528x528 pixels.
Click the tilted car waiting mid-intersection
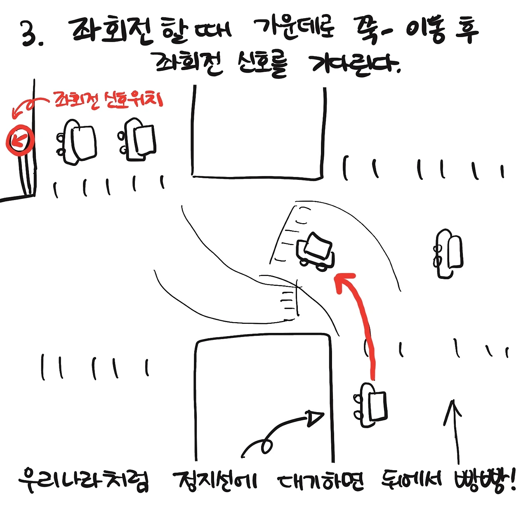[x=315, y=252]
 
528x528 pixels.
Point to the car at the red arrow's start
[x=370, y=405]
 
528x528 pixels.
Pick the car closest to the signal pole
[x=77, y=142]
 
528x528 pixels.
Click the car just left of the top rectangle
[x=137, y=140]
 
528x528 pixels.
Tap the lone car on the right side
[x=448, y=254]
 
